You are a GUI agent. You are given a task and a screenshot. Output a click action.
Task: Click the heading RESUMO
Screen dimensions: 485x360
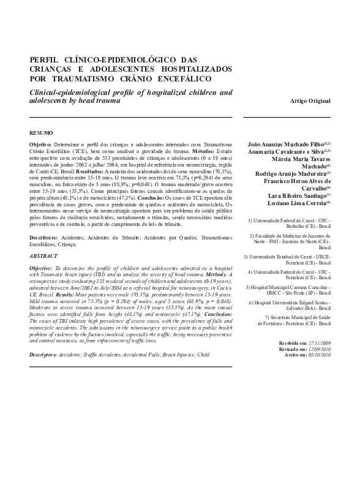pos(40,132)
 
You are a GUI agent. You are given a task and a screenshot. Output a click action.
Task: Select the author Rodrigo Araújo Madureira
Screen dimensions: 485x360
pos(291,173)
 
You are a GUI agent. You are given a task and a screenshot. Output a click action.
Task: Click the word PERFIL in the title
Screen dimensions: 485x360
pos(46,59)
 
